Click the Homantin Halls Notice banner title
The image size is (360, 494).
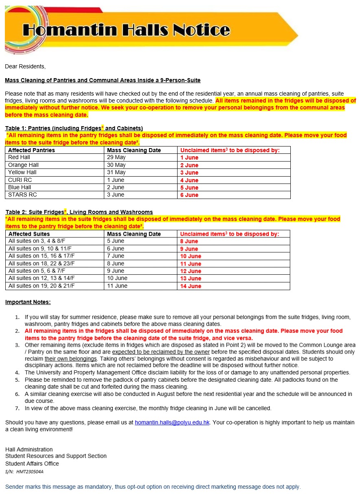(126, 30)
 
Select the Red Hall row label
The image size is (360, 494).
(19, 157)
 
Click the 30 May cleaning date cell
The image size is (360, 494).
(116, 165)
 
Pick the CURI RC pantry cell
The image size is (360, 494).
(20, 180)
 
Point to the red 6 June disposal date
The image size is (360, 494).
(189, 195)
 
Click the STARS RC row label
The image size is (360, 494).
(22, 195)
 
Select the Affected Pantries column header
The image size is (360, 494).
(31, 150)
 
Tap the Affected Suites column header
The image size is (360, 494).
(29, 234)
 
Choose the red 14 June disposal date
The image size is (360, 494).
(191, 286)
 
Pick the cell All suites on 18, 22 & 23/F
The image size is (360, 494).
(42, 264)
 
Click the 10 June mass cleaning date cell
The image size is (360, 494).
(117, 278)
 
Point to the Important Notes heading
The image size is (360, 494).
(28, 302)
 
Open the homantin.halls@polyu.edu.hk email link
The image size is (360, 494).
(172, 423)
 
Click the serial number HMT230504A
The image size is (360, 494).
(24, 472)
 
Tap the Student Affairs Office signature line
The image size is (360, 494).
(32, 463)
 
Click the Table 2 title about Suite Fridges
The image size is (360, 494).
(79, 212)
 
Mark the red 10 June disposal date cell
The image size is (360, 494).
(191, 256)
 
